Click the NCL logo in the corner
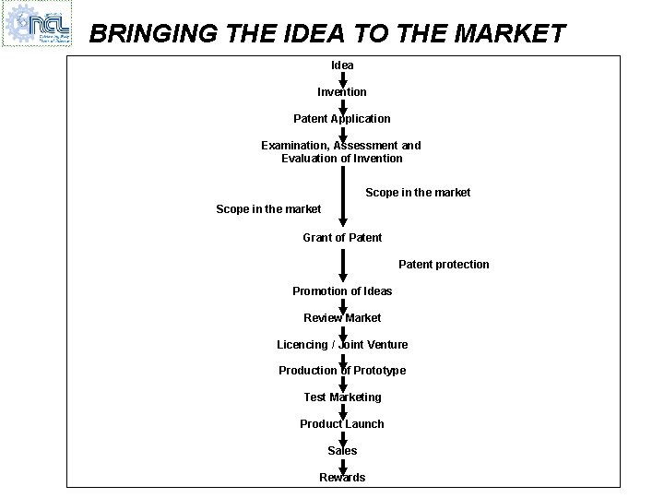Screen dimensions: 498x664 37,24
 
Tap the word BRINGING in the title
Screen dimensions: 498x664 153,34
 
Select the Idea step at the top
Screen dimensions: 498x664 342,65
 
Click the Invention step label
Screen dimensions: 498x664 342,92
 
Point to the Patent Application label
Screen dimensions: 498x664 342,119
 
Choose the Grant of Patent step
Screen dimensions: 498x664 342,238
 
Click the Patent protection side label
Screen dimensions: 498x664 444,265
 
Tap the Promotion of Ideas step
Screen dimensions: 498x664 342,291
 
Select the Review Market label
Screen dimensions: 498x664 342,318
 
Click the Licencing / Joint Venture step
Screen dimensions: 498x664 342,345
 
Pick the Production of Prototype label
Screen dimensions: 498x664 342,371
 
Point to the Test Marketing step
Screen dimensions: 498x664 342,397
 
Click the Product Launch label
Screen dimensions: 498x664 342,424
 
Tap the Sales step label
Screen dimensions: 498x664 342,451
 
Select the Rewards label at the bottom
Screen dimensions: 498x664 342,478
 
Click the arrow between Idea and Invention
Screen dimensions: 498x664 343,79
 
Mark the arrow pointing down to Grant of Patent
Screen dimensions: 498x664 343,198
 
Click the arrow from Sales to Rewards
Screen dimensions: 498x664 343,464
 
